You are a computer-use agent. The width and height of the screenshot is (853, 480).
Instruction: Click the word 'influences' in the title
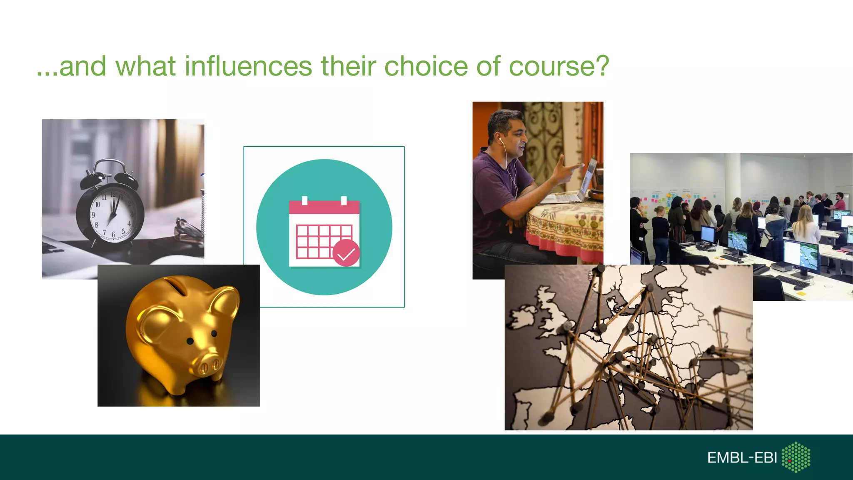click(248, 67)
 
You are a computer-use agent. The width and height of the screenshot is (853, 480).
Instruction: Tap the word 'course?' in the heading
click(559, 67)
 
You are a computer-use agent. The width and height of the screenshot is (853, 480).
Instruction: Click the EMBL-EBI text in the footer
click(742, 457)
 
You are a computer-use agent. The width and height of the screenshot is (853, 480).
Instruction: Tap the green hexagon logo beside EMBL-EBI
click(796, 457)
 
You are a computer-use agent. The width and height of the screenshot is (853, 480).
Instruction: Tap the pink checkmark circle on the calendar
click(346, 253)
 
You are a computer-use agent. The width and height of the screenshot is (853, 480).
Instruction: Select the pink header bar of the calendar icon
click(324, 207)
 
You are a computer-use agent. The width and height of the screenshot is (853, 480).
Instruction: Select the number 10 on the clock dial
click(97, 205)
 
